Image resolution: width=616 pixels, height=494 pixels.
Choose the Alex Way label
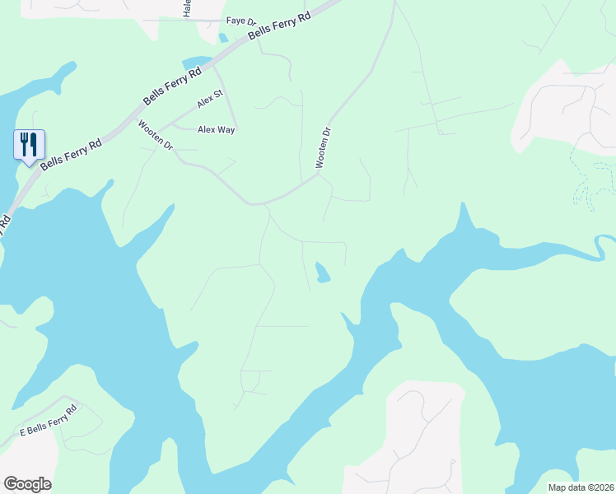click(217, 129)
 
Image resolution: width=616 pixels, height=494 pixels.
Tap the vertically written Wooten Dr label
click(324, 148)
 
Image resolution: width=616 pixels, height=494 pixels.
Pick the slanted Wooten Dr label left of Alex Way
click(156, 135)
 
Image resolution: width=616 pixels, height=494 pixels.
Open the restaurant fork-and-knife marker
click(30, 146)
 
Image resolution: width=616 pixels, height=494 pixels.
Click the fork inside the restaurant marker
click(25, 144)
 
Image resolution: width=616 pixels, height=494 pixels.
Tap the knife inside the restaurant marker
click(35, 144)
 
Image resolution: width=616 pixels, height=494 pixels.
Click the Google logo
click(27, 484)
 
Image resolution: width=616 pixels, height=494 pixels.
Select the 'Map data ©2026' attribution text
click(581, 487)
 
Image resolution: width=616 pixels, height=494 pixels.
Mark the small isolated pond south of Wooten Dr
click(322, 273)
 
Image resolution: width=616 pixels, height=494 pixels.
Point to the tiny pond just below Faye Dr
click(223, 38)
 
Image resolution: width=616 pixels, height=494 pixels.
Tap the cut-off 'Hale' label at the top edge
click(188, 8)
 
